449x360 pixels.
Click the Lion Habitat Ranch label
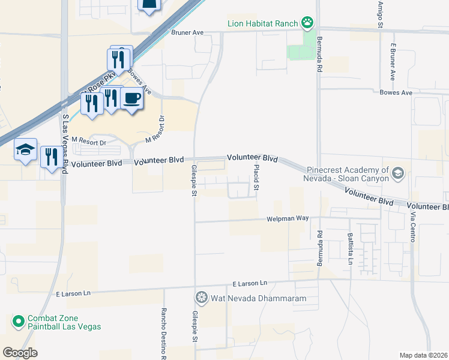pos(263,24)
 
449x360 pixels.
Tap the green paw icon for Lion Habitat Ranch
pos(307,23)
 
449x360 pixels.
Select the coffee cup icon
pos(132,98)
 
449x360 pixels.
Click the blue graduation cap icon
pos(26,151)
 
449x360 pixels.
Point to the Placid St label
pos(256,178)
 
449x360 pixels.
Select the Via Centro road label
pos(413,227)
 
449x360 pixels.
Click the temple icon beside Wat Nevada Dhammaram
pos(201,298)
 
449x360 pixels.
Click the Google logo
pos(20,352)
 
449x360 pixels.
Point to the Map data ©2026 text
pos(424,355)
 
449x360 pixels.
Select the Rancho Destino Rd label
pos(163,334)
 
